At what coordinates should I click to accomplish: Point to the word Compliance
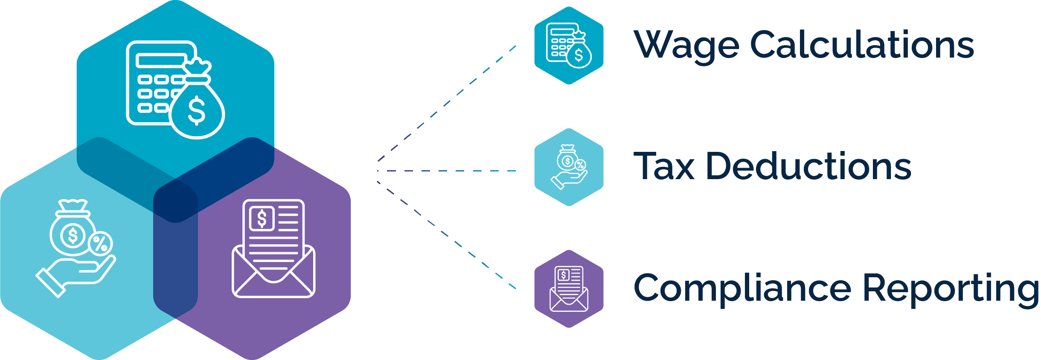(x=742, y=289)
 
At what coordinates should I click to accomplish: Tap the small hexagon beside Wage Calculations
(x=569, y=45)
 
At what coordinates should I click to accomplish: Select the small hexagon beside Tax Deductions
(x=569, y=167)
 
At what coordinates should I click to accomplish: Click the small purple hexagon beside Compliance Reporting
(x=569, y=289)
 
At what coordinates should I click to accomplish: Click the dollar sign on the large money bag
(x=197, y=110)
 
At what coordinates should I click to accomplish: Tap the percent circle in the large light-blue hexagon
(x=101, y=244)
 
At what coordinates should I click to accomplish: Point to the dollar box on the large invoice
(x=262, y=218)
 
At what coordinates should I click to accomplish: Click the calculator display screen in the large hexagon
(x=161, y=61)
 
